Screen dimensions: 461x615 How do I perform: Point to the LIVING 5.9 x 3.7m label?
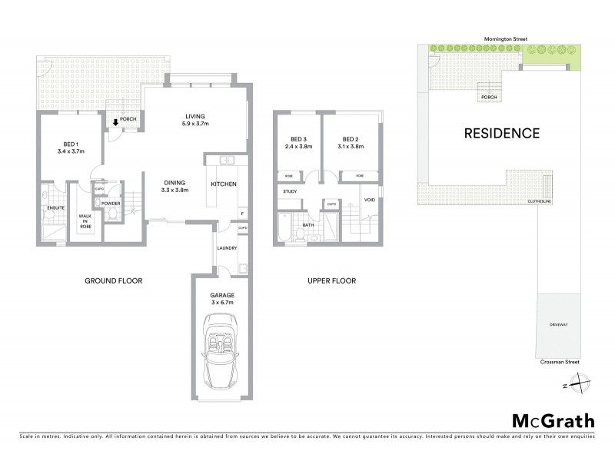click(x=195, y=120)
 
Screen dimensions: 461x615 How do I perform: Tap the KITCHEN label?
click(x=223, y=184)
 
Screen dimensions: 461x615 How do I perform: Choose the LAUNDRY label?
click(x=227, y=248)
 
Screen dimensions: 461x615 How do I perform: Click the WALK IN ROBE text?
click(x=85, y=222)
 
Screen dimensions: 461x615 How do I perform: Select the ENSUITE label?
click(x=55, y=207)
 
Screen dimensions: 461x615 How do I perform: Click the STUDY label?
click(x=290, y=191)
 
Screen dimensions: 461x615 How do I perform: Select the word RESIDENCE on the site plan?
click(x=501, y=133)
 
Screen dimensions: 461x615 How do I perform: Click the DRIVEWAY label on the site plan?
click(x=559, y=325)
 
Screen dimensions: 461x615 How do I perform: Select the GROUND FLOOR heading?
click(x=113, y=280)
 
